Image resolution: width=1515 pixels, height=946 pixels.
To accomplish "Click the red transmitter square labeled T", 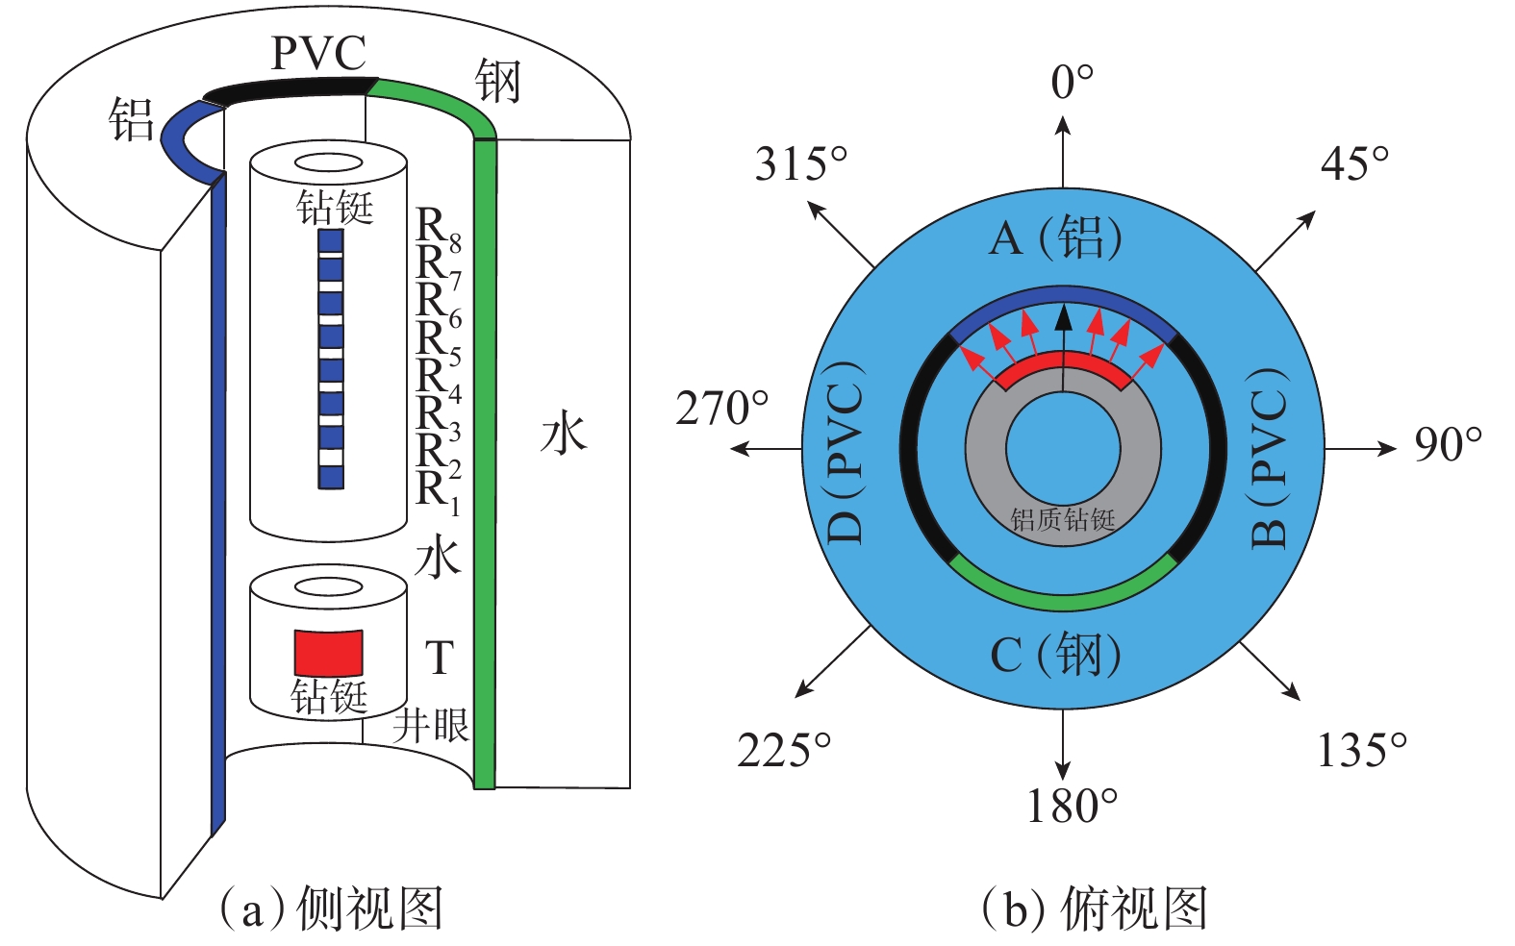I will click(328, 653).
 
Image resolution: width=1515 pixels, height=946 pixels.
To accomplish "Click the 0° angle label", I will click(1072, 83).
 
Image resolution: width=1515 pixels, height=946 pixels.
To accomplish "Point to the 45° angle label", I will click(1354, 163).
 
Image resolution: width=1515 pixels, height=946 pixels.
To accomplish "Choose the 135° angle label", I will click(1361, 750).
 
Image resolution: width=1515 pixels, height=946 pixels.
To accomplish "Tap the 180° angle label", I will click(1072, 806).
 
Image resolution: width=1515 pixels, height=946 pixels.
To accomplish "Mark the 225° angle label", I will click(784, 750).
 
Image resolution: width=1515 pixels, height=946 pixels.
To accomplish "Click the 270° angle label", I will click(722, 409).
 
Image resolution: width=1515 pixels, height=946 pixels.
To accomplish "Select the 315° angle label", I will click(801, 163).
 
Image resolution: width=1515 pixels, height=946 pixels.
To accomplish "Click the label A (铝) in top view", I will click(1055, 236).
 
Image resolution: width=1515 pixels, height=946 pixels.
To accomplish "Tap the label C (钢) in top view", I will click(1055, 656).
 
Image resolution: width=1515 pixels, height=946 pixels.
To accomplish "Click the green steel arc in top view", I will click(1062, 598).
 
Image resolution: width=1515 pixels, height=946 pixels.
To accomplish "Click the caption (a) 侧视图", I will click(331, 908).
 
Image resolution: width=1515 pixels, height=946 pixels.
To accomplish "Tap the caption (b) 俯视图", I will click(1094, 908).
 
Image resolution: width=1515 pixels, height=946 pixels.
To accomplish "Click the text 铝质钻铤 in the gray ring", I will click(1063, 520).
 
